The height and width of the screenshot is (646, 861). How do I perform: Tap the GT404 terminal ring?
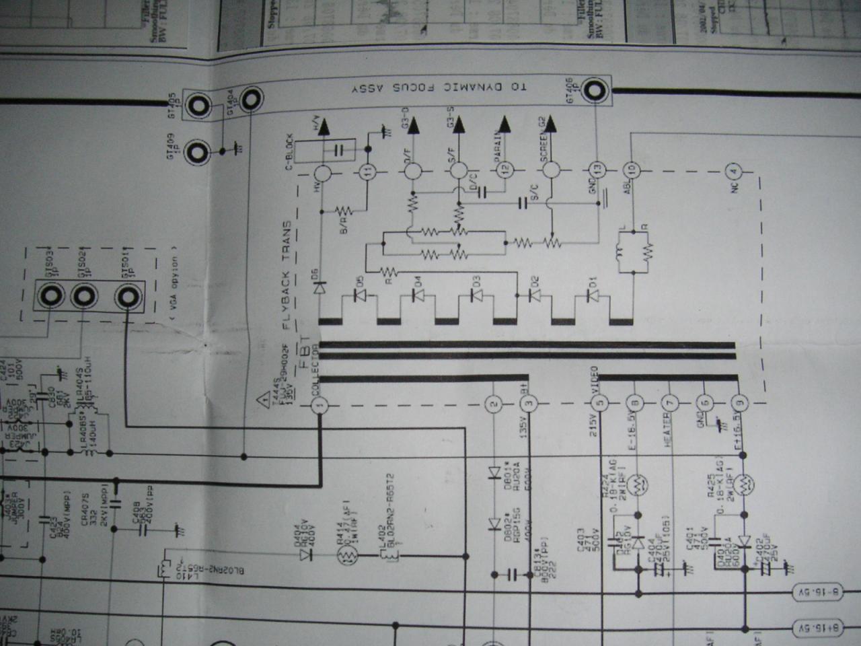250,100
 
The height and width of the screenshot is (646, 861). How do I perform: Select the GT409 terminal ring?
197,153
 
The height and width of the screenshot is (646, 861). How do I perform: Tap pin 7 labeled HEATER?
669,404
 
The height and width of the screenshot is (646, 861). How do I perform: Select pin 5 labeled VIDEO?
599,404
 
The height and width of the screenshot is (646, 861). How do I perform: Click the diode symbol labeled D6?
320,287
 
